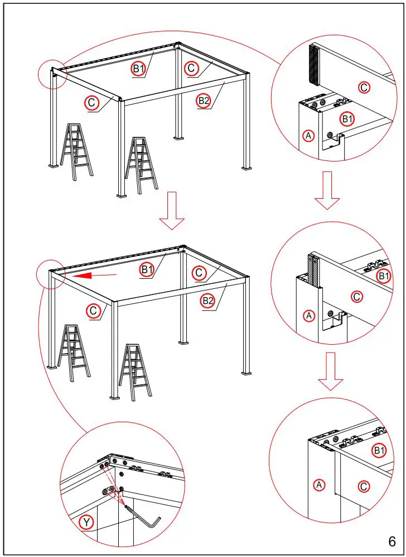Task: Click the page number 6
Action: pos(392,541)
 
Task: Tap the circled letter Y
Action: pos(86,523)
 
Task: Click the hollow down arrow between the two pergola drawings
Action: pos(172,210)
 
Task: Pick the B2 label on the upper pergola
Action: pos(205,101)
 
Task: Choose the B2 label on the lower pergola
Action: pos(207,301)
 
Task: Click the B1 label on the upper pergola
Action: pos(138,69)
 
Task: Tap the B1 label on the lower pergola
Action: pos(147,270)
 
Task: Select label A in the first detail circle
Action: pos(308,135)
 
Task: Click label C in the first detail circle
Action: pos(364,87)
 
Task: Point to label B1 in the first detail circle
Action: pos(347,118)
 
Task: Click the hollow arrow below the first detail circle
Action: pos(327,190)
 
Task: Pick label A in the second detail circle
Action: pos(309,316)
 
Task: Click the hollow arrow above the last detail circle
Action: pos(331,371)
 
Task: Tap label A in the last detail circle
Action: pos(320,484)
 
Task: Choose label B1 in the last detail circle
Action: pos(379,450)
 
